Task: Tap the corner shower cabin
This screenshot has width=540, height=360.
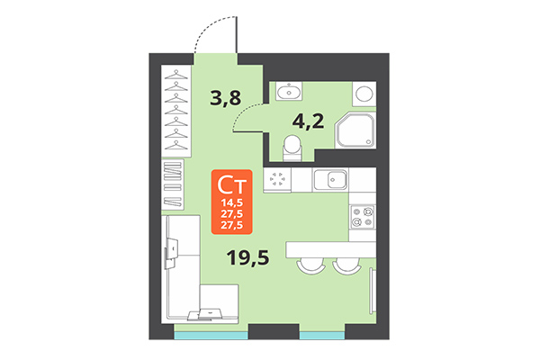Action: point(355,131)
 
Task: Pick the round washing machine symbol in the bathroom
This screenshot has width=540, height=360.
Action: point(364,93)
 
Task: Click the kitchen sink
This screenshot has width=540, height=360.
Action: point(335,179)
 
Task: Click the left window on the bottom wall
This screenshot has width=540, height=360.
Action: point(206,336)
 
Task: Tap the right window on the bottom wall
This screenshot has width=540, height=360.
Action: point(322,336)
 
